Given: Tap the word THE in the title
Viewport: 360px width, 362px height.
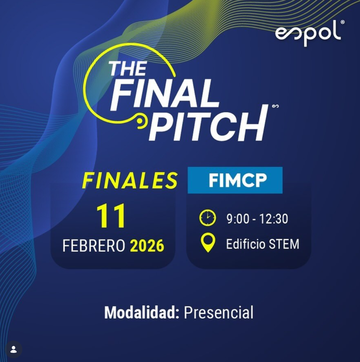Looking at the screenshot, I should coord(128,69).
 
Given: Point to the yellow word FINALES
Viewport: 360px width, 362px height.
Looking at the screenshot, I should coord(130,180).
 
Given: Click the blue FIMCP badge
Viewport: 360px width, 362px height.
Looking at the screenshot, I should coord(235,180).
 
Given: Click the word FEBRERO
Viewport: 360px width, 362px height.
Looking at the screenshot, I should coord(94,246).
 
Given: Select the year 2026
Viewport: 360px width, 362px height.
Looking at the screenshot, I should coord(147,246).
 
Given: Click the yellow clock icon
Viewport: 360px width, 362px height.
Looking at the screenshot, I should coord(208,218).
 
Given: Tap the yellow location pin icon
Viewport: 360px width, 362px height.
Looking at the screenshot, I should coord(208,243).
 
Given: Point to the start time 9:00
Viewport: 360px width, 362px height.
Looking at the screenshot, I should coord(238,219).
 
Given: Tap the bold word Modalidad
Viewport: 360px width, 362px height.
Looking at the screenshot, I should coord(142,313).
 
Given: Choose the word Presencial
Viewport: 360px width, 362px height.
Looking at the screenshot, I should coord(218,313).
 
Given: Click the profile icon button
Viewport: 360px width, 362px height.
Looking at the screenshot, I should coord(14,349).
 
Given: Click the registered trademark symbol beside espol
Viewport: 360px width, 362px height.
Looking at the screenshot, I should coord(343,22).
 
